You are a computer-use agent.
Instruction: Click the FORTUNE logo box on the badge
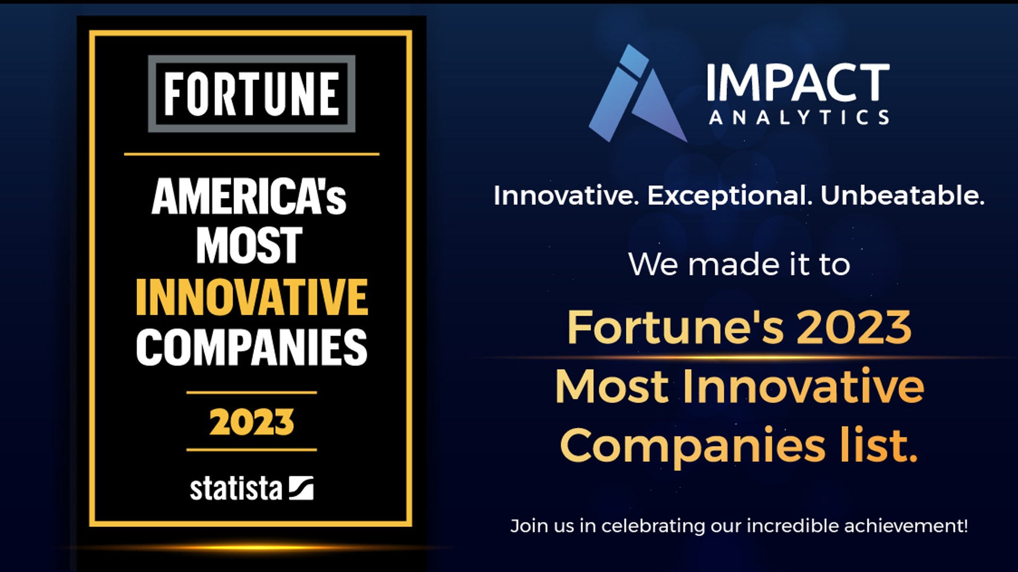coord(251,94)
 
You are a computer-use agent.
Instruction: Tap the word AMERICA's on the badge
coord(249,196)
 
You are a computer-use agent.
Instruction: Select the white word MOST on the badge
coord(249,245)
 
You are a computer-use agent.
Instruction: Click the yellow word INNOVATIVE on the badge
coord(251,297)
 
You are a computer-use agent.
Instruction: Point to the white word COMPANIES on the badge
coord(251,347)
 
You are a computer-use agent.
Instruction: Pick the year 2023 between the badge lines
coord(251,422)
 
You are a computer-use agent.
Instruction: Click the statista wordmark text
coord(236,488)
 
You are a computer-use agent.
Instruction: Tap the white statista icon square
coord(301,488)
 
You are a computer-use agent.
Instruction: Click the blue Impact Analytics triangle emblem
coord(638,94)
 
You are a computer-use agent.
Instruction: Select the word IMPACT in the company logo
coord(798,83)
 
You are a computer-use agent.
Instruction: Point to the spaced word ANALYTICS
coord(799,118)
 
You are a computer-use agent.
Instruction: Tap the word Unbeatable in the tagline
coord(902,195)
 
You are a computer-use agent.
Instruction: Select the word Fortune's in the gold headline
coord(675,327)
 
